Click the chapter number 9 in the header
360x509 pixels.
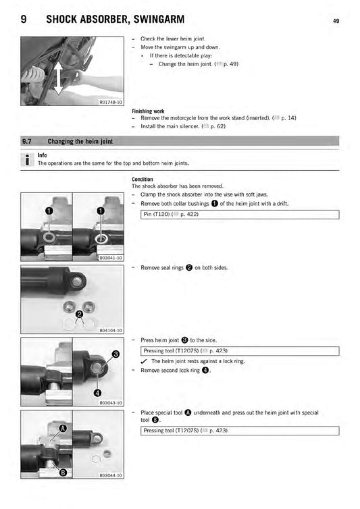(x=24, y=20)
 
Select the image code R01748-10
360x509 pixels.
(x=110, y=103)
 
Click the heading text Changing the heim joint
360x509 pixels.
(x=80, y=142)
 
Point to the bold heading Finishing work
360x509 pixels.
(x=148, y=111)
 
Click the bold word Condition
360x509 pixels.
(x=143, y=180)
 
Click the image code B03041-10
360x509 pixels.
(x=110, y=258)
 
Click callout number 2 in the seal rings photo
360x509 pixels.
(x=79, y=314)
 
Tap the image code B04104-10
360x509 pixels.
(x=110, y=331)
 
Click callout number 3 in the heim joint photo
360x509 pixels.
(x=115, y=354)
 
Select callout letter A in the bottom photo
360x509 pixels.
(x=63, y=428)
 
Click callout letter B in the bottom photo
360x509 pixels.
(x=62, y=472)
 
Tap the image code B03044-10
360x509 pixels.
(x=110, y=475)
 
